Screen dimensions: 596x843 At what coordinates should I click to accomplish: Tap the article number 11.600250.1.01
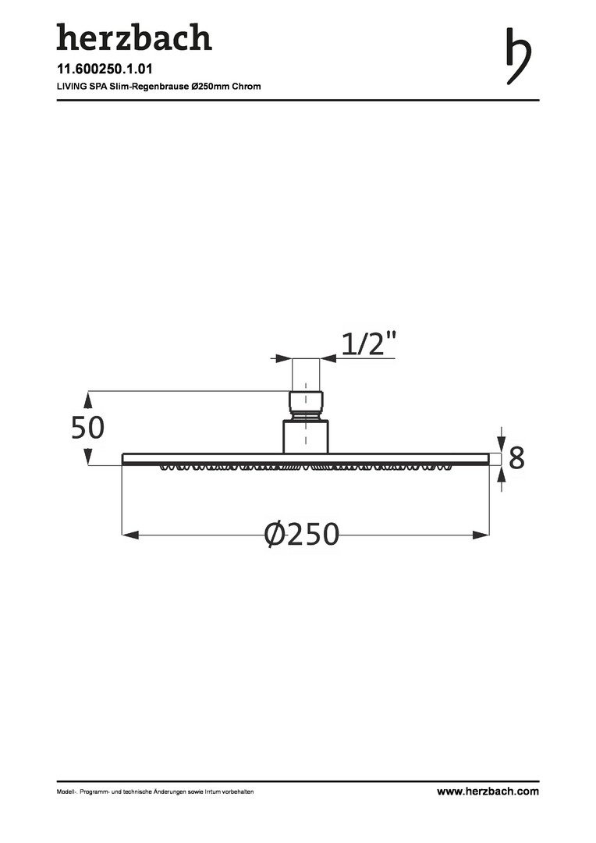click(105, 69)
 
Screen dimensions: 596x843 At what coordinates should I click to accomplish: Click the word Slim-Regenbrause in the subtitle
click(150, 86)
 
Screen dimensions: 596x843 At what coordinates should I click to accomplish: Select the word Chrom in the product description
click(247, 86)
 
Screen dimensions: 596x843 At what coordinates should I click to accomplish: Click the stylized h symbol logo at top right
click(519, 56)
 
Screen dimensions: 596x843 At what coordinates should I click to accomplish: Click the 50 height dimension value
click(87, 428)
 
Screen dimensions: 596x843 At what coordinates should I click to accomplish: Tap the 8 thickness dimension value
click(516, 458)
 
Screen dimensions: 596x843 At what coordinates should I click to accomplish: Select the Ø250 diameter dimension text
click(302, 534)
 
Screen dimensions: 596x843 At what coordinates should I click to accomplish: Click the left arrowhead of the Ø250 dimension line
click(130, 535)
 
